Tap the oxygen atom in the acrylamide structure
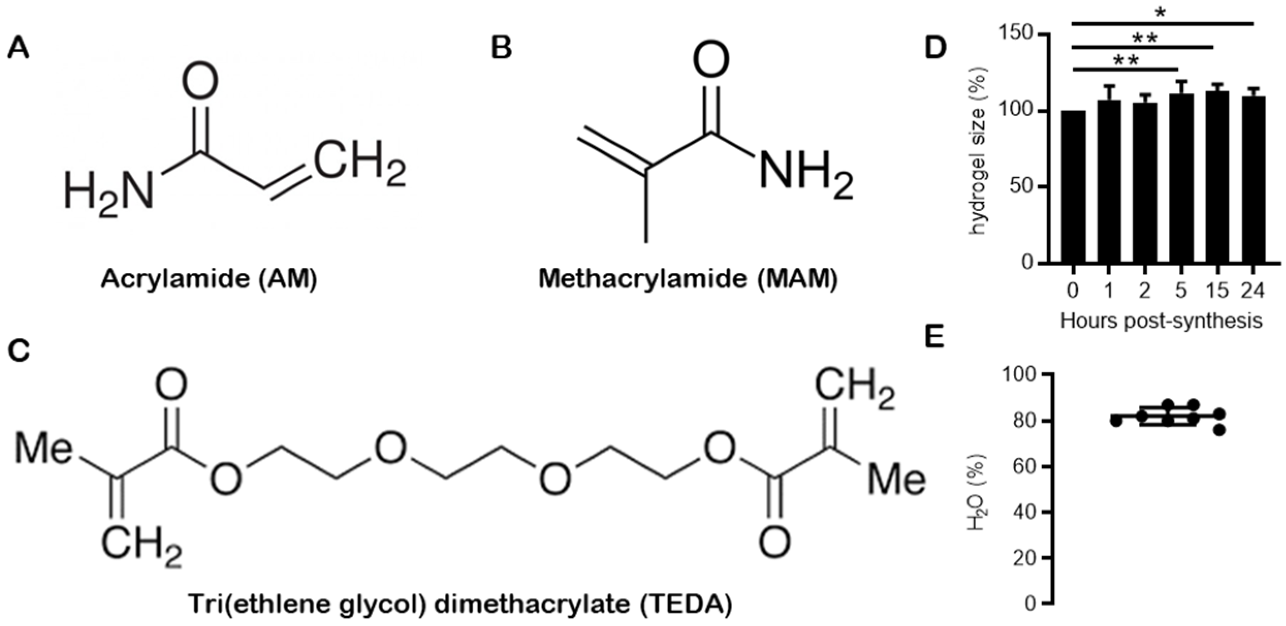click(200, 81)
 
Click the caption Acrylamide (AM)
click(209, 279)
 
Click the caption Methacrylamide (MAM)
click(688, 279)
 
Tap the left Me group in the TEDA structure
click(43, 448)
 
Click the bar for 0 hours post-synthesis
click(1073, 187)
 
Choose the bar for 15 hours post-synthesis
click(1217, 178)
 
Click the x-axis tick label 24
click(1252, 291)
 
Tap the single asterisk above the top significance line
click(1160, 12)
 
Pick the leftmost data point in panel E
click(1116, 421)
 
